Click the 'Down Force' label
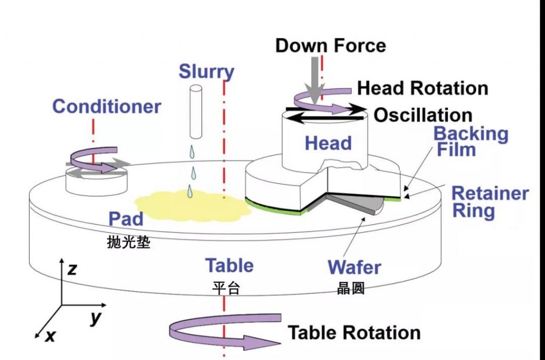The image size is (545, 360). tap(330, 45)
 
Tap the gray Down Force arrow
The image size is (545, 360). tap(316, 80)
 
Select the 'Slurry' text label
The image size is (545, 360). tap(207, 71)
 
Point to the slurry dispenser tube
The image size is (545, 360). tap(196, 112)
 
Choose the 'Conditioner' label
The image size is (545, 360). tap(106, 106)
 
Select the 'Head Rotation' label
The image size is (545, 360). tap(423, 88)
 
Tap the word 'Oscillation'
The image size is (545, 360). tap(423, 115)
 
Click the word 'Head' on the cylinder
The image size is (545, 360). tap(328, 143)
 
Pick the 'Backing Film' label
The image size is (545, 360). tap(472, 141)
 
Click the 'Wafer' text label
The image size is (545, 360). tap(354, 267)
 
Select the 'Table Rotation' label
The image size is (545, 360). tap(354, 333)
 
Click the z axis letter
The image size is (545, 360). tap(72, 269)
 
